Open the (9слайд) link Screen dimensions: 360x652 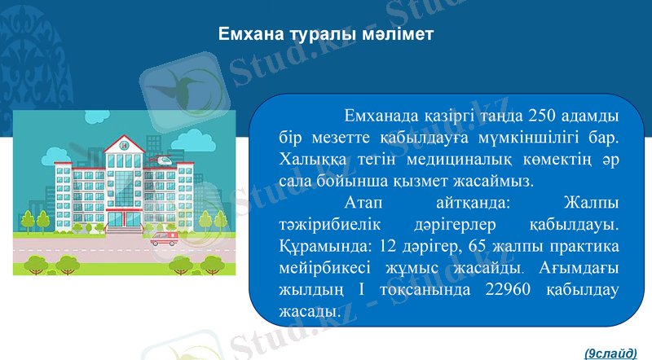[610, 352]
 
